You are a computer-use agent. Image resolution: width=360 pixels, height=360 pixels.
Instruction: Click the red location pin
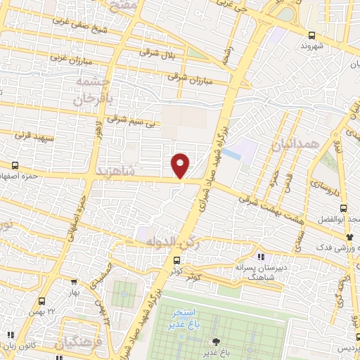tap(181, 165)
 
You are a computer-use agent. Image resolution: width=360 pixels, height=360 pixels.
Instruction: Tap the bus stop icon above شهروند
tap(311, 34)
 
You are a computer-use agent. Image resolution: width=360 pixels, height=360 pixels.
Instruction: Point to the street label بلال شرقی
tap(157, 53)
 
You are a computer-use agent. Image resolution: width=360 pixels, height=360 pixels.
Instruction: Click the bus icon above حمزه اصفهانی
tap(13, 165)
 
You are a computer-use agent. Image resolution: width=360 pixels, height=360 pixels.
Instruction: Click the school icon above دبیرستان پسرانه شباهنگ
tap(261, 257)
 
